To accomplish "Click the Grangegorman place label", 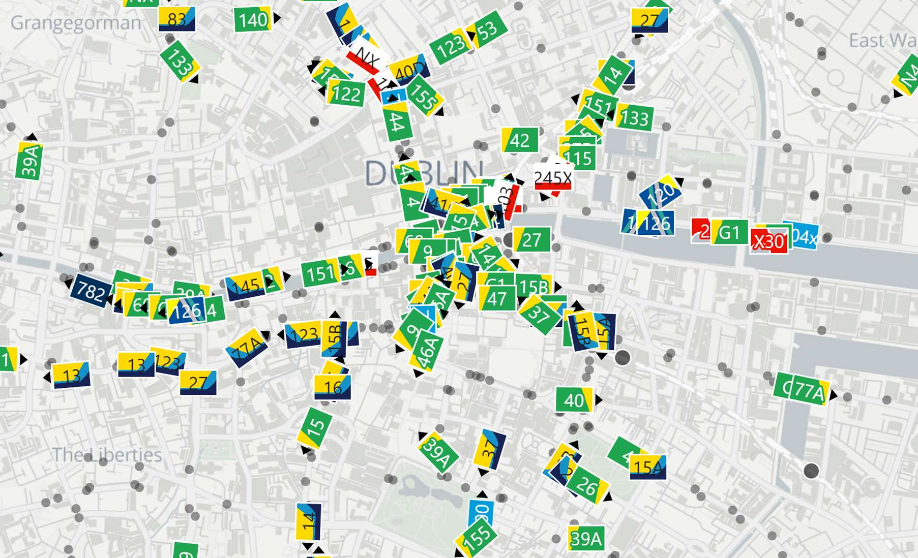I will click(x=76, y=23).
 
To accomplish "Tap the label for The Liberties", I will click(x=107, y=455).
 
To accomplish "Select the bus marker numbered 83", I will click(x=177, y=19).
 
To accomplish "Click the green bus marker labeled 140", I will click(x=252, y=20).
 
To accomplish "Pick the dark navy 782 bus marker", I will click(x=91, y=292).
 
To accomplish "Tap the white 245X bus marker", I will click(x=553, y=178).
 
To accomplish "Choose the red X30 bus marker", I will click(x=768, y=241).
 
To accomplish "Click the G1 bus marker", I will click(x=729, y=232).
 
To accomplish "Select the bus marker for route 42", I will click(x=520, y=140).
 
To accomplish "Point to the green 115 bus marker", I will click(x=579, y=159).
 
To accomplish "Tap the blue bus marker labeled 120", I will click(x=661, y=193).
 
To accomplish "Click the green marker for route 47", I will click(x=497, y=299).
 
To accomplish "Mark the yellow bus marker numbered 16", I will click(x=333, y=388).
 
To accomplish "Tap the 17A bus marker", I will click(x=247, y=349).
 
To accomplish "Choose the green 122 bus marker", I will click(x=346, y=94).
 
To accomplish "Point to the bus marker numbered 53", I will click(x=488, y=30).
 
